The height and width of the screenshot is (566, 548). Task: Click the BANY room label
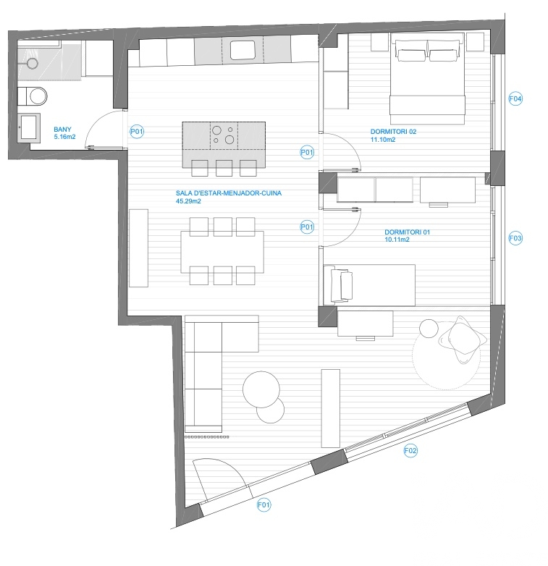coord(62,130)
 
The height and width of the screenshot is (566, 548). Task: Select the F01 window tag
coord(264,504)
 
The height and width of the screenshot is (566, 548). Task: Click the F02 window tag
coord(410,450)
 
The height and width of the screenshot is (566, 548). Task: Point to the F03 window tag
coord(515,238)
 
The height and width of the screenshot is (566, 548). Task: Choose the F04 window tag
coord(515,98)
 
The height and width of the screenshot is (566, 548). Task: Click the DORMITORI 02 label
coord(393,132)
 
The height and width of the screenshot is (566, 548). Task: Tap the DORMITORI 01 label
coord(408,232)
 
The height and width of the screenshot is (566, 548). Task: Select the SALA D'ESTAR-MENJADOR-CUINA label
coord(229,193)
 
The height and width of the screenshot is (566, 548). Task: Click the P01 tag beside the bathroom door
coord(137,132)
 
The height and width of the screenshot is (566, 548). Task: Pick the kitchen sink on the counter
coord(243,50)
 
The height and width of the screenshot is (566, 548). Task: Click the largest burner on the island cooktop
coord(229,139)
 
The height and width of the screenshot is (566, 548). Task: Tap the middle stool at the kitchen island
coord(224,168)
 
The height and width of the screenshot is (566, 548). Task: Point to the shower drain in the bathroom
coord(32,64)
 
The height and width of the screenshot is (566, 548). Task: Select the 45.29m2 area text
coord(188,201)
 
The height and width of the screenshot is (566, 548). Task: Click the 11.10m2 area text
coord(383,140)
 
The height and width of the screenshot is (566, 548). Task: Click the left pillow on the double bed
coord(411,55)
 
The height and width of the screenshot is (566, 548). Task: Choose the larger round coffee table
coord(261,389)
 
